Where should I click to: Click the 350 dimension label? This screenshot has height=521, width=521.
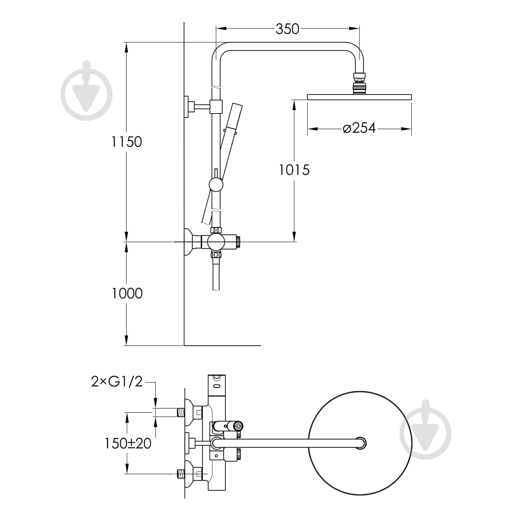[287, 29]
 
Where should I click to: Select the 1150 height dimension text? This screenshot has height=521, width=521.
[126, 142]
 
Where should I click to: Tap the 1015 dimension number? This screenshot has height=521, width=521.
[294, 170]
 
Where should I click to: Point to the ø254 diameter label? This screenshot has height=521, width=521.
[359, 128]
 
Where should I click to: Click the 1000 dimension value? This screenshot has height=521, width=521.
[127, 293]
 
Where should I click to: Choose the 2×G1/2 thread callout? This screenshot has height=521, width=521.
[117, 382]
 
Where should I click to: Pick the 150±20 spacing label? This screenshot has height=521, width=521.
[128, 443]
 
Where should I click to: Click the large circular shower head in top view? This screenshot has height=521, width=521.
[360, 443]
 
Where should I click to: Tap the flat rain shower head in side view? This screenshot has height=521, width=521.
[359, 97]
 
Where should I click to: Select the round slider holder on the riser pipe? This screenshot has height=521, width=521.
[216, 184]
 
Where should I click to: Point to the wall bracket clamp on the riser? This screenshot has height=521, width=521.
[216, 106]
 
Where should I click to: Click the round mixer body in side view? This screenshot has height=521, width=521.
[216, 242]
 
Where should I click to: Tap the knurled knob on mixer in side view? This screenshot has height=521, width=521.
[238, 242]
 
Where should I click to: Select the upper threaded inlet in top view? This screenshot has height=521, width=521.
[181, 412]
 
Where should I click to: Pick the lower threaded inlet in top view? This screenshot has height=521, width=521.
[181, 474]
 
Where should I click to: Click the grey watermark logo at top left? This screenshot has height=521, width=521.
[86, 91]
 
